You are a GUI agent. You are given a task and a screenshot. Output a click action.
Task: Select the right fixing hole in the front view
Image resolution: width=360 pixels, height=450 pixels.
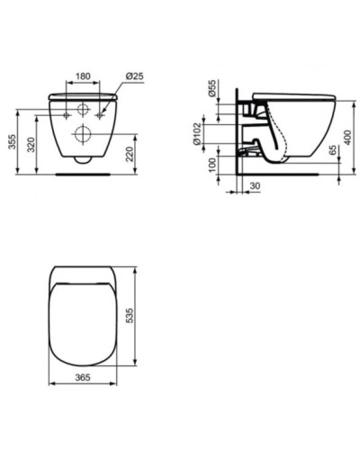point(99,117)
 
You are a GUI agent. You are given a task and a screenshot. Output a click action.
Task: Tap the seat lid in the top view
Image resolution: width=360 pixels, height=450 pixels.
point(82,319)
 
